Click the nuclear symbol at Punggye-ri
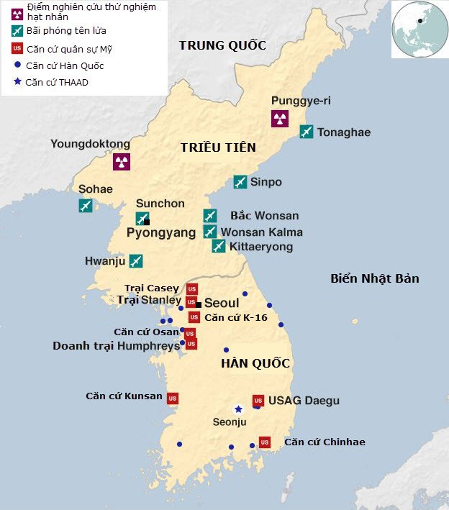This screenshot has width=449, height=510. tap(279, 119)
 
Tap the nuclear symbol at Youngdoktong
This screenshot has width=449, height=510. tap(122, 161)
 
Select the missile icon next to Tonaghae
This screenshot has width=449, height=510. tap(307, 132)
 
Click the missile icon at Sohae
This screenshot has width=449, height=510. tap(86, 206)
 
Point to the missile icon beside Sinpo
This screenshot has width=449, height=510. tap(240, 182)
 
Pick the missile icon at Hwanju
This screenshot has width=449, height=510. tap(135, 261)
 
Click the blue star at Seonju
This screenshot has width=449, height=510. tap(238, 409)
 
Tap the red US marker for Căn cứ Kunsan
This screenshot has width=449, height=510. tap(173, 398)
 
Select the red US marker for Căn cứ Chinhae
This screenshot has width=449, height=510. tap(264, 442)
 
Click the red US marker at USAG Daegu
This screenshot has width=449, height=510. tap(258, 400)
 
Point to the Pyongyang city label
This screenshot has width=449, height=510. tap(161, 233)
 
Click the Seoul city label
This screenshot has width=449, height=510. tap(222, 304)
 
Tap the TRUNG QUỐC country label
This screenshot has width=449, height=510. tap(222, 45)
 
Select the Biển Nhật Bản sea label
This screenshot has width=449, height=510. tap(374, 278)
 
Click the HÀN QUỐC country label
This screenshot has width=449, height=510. tap(255, 363)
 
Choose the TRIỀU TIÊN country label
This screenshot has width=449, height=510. tap(218, 147)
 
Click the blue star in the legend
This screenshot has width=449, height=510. tap(16, 82)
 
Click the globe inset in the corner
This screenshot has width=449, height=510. tap(419, 29)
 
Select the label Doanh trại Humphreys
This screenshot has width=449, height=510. tap(116, 346)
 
